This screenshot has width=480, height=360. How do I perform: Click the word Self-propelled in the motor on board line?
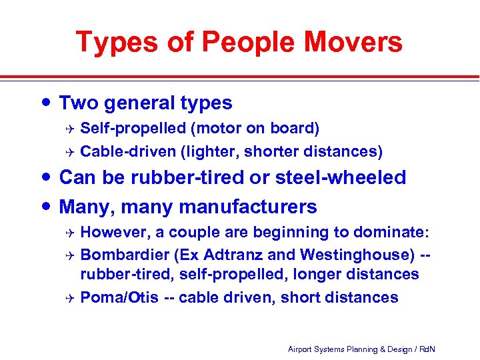pyautogui.click(x=128, y=127)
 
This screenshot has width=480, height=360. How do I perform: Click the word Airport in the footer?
pyautogui.click(x=301, y=349)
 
